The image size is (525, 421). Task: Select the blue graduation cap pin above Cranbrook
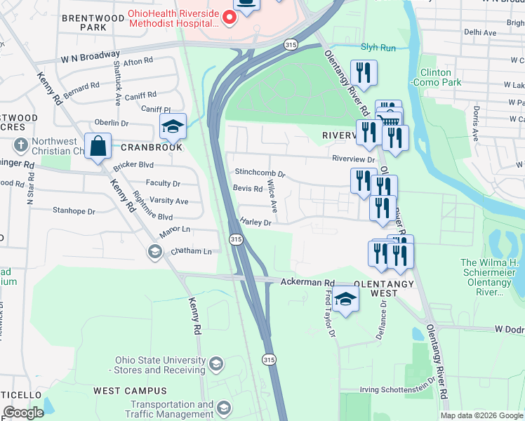pos(173,127)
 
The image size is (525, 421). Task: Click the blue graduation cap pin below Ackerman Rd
pos(345,300)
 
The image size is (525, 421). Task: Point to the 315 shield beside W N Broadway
pos(291,44)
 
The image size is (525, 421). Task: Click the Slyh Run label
pos(378,48)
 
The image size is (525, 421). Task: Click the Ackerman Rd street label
pos(307,282)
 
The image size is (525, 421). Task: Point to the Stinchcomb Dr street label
pos(260,172)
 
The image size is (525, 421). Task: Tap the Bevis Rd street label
pos(247,189)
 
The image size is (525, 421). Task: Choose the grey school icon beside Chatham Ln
pos(154,251)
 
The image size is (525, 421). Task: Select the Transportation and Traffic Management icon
pos(224,408)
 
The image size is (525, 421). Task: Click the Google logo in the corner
pos(23,413)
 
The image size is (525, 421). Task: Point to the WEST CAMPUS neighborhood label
pos(130,390)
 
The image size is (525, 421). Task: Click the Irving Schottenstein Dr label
pos(397,390)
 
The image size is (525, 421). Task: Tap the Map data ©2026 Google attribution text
pos(481,415)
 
